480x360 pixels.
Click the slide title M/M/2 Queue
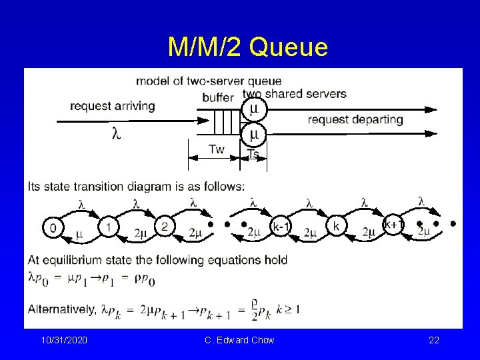(248, 47)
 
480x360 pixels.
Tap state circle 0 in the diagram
(52, 227)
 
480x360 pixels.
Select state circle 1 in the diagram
(107, 227)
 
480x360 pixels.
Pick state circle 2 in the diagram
(164, 227)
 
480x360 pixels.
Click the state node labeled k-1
(280, 228)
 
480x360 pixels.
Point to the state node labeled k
(335, 228)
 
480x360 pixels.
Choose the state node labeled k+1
(393, 225)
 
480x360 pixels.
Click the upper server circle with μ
(253, 109)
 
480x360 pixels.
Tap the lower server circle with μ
(253, 133)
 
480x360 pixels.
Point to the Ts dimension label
(253, 154)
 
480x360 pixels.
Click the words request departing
(355, 120)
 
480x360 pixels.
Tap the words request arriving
(112, 106)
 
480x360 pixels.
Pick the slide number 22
(433, 341)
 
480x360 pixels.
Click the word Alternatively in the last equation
(62, 309)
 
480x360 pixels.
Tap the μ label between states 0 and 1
(79, 234)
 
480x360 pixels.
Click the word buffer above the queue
(218, 98)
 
